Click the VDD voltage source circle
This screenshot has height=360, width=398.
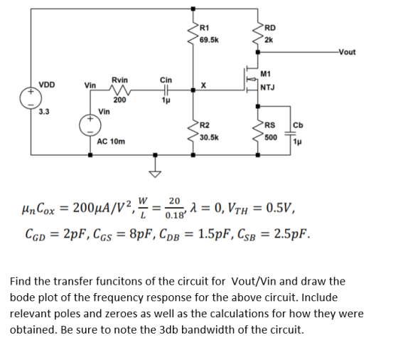click(x=31, y=98)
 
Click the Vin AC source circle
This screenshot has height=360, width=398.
click(x=90, y=125)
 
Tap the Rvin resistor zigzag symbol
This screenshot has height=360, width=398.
click(x=119, y=90)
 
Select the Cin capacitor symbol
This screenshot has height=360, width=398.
click(x=166, y=90)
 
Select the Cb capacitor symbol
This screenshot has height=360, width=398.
click(x=291, y=133)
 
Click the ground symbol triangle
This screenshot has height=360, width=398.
click(x=156, y=174)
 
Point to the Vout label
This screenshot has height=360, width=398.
click(x=348, y=52)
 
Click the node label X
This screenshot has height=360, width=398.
click(x=203, y=85)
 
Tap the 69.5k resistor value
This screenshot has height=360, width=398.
click(x=209, y=40)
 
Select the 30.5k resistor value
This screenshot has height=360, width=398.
click(x=209, y=138)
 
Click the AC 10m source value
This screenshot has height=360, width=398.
click(x=111, y=142)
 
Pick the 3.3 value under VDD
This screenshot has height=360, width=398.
click(x=44, y=112)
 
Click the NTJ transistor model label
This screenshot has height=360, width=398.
click(x=267, y=88)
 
